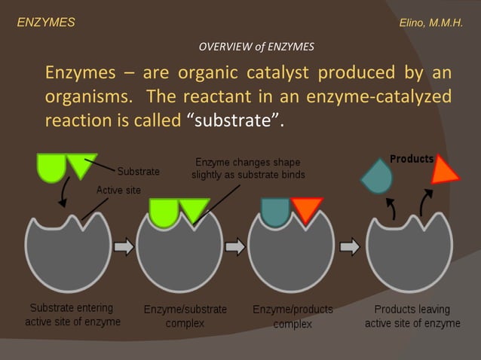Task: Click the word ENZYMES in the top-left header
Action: (46, 23)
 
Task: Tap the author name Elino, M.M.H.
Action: (430, 23)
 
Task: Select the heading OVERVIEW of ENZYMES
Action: (256, 47)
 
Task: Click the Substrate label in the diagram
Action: (138, 172)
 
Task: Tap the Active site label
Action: (118, 190)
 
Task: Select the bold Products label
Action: (412, 159)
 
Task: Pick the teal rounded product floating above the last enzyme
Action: (376, 175)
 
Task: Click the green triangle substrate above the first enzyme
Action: (81, 164)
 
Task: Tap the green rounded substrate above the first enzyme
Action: (52, 167)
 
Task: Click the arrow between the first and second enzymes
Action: (124, 246)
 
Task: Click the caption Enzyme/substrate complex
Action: (185, 316)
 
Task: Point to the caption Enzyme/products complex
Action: (293, 316)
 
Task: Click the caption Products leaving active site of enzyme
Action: (412, 316)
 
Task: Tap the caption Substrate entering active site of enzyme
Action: (72, 315)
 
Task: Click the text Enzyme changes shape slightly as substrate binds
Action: (248, 168)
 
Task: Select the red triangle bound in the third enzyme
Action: (307, 209)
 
